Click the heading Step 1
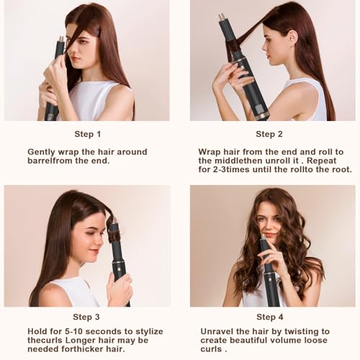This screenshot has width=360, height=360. pyautogui.click(x=88, y=134)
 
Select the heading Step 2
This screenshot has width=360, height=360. pyautogui.click(x=269, y=134)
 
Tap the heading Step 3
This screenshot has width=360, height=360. pyautogui.click(x=88, y=317)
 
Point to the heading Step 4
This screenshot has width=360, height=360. pyautogui.click(x=269, y=317)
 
